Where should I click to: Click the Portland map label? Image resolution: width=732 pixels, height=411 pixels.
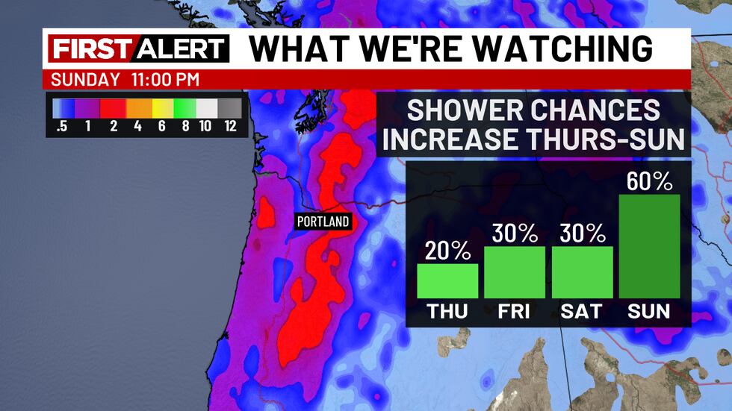pos(323,222)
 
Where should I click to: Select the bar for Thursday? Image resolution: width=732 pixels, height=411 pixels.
pos(447,280)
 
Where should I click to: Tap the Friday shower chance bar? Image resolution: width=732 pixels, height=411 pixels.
pos(515,272)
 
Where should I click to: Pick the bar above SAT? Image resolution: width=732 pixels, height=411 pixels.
pos(583,272)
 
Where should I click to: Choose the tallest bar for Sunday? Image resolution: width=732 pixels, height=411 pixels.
pos(650,246)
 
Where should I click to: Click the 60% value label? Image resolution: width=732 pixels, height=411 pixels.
pos(650,181)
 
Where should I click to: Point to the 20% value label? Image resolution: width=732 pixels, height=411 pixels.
pos(447,251)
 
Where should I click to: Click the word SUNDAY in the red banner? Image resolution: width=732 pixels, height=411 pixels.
pos(86,80)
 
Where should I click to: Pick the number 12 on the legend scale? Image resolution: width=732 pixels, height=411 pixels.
pos(231,125)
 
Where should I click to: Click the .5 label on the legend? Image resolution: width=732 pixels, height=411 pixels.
pos(62,125)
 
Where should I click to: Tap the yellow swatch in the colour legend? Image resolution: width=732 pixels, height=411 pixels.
pos(161,108)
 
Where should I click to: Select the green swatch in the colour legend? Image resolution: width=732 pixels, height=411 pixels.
pos(184,108)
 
